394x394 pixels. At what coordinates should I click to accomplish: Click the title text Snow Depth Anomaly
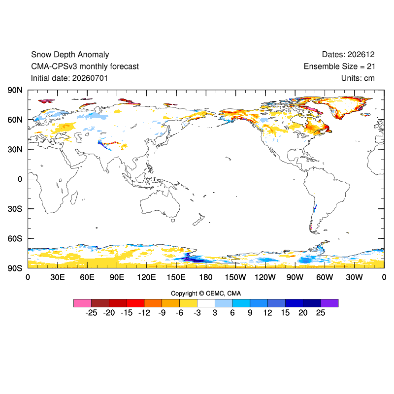[x=70, y=55]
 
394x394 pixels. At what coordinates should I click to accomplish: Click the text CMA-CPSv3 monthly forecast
[x=85, y=66]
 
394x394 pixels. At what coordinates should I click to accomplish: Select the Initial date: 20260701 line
[x=69, y=78]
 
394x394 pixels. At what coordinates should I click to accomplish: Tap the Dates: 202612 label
[x=348, y=55]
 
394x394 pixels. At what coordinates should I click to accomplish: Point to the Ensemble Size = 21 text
[x=339, y=66]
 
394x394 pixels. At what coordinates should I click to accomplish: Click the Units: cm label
[x=358, y=78]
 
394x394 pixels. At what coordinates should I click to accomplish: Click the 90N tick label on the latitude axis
[x=15, y=90]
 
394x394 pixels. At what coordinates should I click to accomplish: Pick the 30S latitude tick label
[x=15, y=209]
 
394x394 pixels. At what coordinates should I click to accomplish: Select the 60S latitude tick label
[x=15, y=238]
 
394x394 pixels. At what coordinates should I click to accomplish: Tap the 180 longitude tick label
[x=206, y=277]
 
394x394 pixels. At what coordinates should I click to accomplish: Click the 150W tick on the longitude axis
[x=235, y=277]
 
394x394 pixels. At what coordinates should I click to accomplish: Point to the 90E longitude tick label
[x=117, y=277]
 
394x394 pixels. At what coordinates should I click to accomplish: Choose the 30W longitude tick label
[x=354, y=277]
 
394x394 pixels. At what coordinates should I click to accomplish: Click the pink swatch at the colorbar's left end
[x=82, y=303]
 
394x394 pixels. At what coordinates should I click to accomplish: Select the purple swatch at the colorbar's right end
[x=329, y=303]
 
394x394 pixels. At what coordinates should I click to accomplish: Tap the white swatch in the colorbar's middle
[x=206, y=303]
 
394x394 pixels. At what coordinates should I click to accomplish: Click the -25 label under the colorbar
[x=91, y=313]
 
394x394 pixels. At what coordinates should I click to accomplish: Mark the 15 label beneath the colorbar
[x=285, y=313]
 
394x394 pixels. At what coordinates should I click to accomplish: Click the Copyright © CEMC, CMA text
[x=206, y=294]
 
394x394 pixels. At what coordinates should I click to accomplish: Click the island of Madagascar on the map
[x=73, y=197]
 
